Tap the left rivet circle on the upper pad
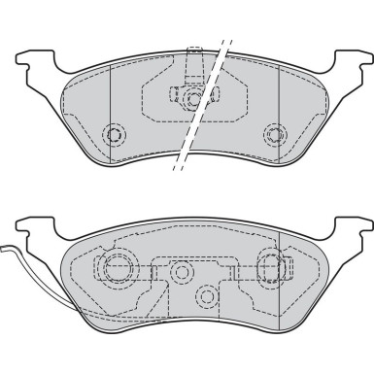(117, 134)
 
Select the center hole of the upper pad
(195, 97)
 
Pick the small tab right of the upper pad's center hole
(216, 95)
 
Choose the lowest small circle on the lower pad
(206, 294)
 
